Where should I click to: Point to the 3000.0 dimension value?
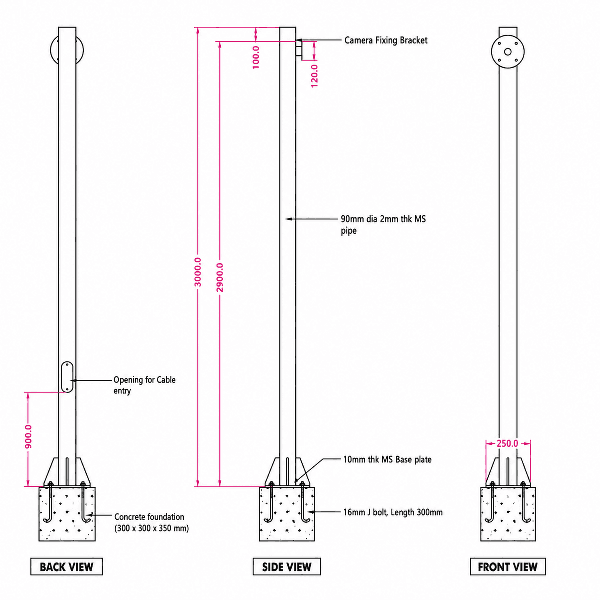[x=198, y=272]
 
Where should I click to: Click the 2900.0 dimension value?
[x=220, y=277]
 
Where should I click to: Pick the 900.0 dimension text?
[x=28, y=437]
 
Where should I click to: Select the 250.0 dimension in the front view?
[x=507, y=443]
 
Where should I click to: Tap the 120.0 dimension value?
[x=315, y=76]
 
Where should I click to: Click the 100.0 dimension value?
[x=256, y=57]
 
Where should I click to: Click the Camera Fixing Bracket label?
[x=386, y=40]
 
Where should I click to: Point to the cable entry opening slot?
[x=67, y=377]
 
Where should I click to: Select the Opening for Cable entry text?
[x=145, y=385]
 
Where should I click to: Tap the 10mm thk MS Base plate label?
[x=387, y=460]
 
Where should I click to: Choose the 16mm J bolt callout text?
[x=393, y=512]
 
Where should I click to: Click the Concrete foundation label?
[x=151, y=523]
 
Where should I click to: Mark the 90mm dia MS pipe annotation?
[x=383, y=225]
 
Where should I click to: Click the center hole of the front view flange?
[x=508, y=52]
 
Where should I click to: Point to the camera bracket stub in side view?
[x=299, y=50]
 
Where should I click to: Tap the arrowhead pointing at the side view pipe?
[x=289, y=219]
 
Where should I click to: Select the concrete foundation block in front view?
[x=508, y=514]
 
